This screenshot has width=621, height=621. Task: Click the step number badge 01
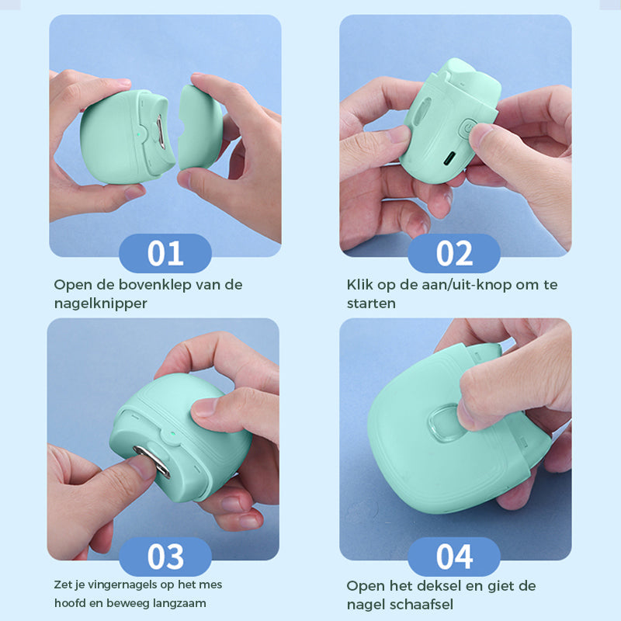(165, 253)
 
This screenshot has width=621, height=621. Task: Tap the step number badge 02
(454, 253)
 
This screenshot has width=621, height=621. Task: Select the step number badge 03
(165, 557)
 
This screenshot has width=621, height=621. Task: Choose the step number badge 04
(454, 557)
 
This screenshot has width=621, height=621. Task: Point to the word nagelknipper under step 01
(100, 304)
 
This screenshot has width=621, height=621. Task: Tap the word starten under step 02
(371, 304)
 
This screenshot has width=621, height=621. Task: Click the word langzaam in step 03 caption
(179, 603)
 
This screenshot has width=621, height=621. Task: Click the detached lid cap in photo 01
(199, 128)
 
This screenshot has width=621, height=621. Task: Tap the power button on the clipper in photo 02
(467, 127)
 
